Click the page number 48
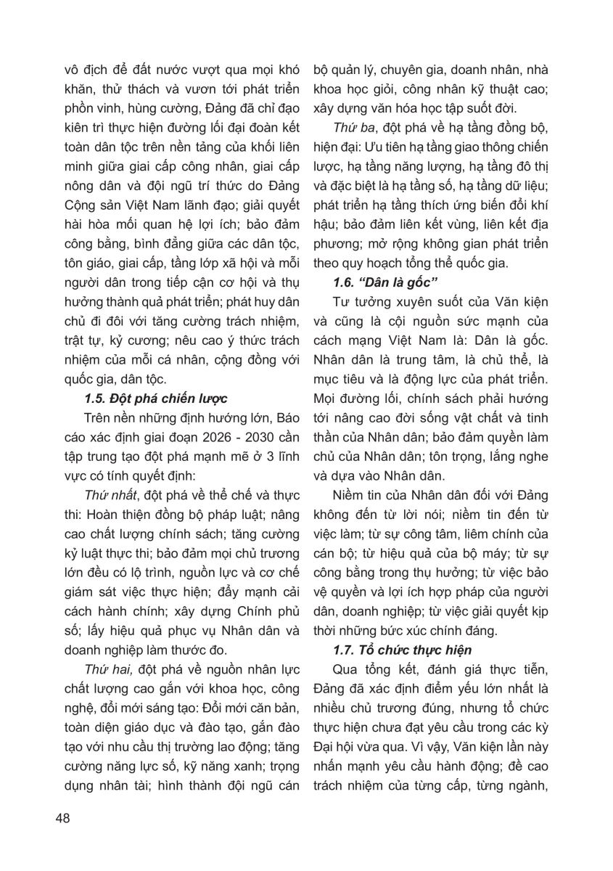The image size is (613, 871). click(62, 819)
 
